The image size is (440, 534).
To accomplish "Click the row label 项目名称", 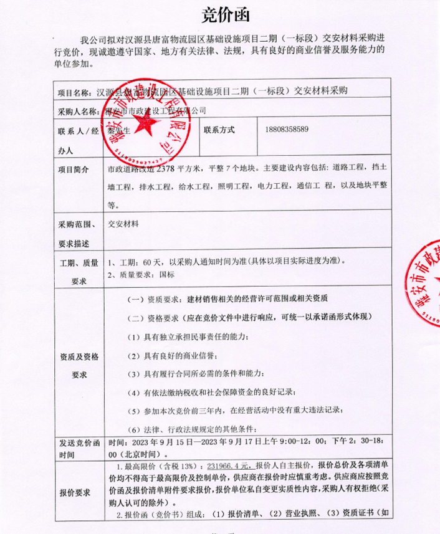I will point(74,92).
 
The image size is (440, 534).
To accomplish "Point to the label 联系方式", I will point(219,130).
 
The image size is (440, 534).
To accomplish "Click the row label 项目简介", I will point(73,169).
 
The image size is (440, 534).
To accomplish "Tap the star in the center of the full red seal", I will point(148,123).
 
